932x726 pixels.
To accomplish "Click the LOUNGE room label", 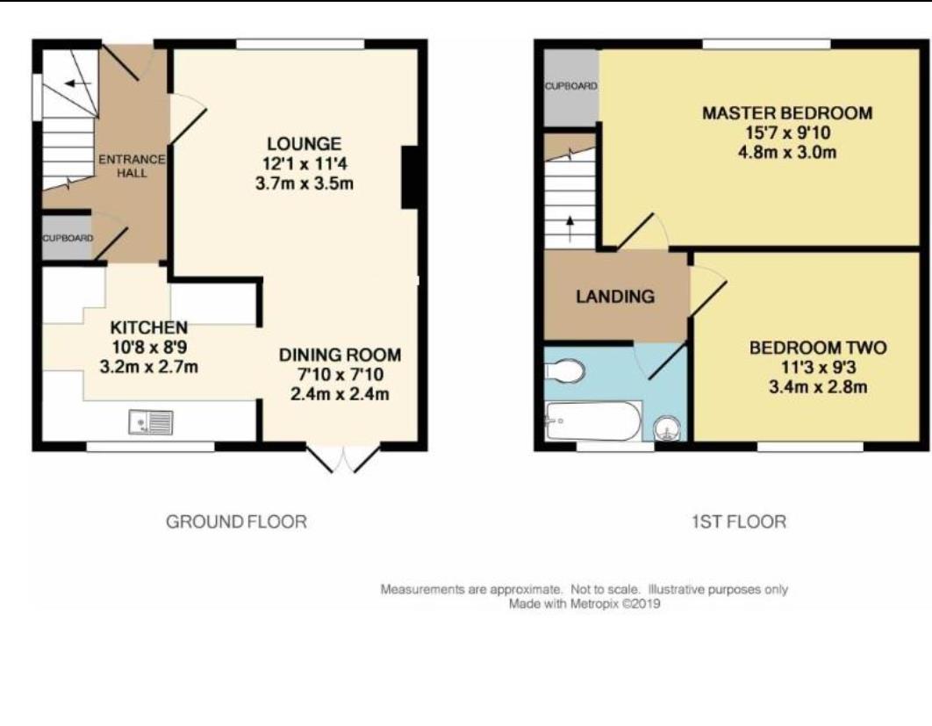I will (305, 143).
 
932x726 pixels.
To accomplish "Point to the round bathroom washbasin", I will (667, 429).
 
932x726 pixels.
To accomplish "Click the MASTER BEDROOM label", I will (787, 113).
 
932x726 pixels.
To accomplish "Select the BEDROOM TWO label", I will (817, 348).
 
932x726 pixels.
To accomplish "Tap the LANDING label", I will (614, 297).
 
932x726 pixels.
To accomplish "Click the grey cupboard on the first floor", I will (570, 87).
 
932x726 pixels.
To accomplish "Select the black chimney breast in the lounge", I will (409, 177).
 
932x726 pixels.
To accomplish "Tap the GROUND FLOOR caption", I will (236, 522).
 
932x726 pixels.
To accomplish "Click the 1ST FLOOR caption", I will (739, 522).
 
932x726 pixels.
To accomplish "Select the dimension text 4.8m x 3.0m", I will (787, 152).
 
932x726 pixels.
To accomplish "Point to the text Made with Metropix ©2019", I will (584, 604).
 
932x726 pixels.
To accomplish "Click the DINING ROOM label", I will (340, 356).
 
